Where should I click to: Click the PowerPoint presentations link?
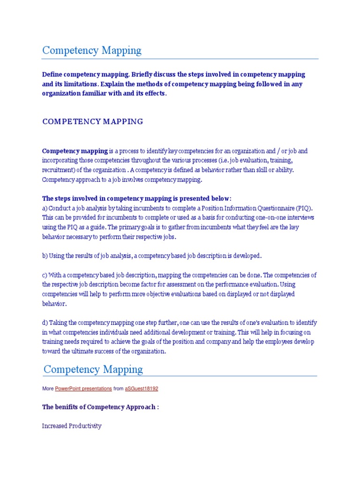point(83,389)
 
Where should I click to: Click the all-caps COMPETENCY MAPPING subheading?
point(93,121)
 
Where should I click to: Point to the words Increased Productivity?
point(72,426)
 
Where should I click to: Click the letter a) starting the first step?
point(45,208)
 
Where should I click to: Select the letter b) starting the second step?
point(45,255)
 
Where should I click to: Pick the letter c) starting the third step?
point(45,275)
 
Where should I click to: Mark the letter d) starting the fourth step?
point(45,322)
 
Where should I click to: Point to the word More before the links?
point(48,389)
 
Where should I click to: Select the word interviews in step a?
point(302,217)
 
